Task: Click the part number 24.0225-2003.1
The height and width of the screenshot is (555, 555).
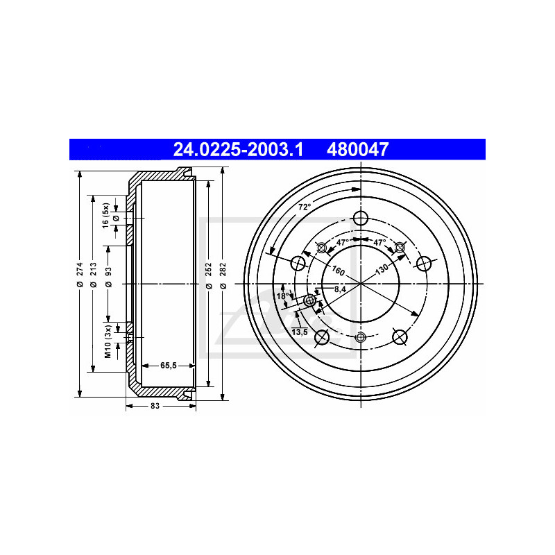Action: click(238, 149)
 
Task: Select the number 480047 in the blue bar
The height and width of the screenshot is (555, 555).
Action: click(357, 149)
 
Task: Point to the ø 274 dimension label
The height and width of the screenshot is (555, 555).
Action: click(80, 274)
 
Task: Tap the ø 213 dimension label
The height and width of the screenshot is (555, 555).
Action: click(94, 274)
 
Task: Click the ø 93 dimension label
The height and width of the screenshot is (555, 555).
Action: click(108, 276)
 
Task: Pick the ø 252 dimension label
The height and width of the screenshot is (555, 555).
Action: click(209, 275)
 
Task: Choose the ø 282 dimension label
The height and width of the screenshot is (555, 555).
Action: click(223, 275)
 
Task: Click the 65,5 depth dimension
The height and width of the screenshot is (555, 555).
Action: click(168, 366)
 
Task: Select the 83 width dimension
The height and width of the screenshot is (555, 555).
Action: click(155, 406)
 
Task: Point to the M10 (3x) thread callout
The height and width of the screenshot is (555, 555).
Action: click(108, 341)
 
